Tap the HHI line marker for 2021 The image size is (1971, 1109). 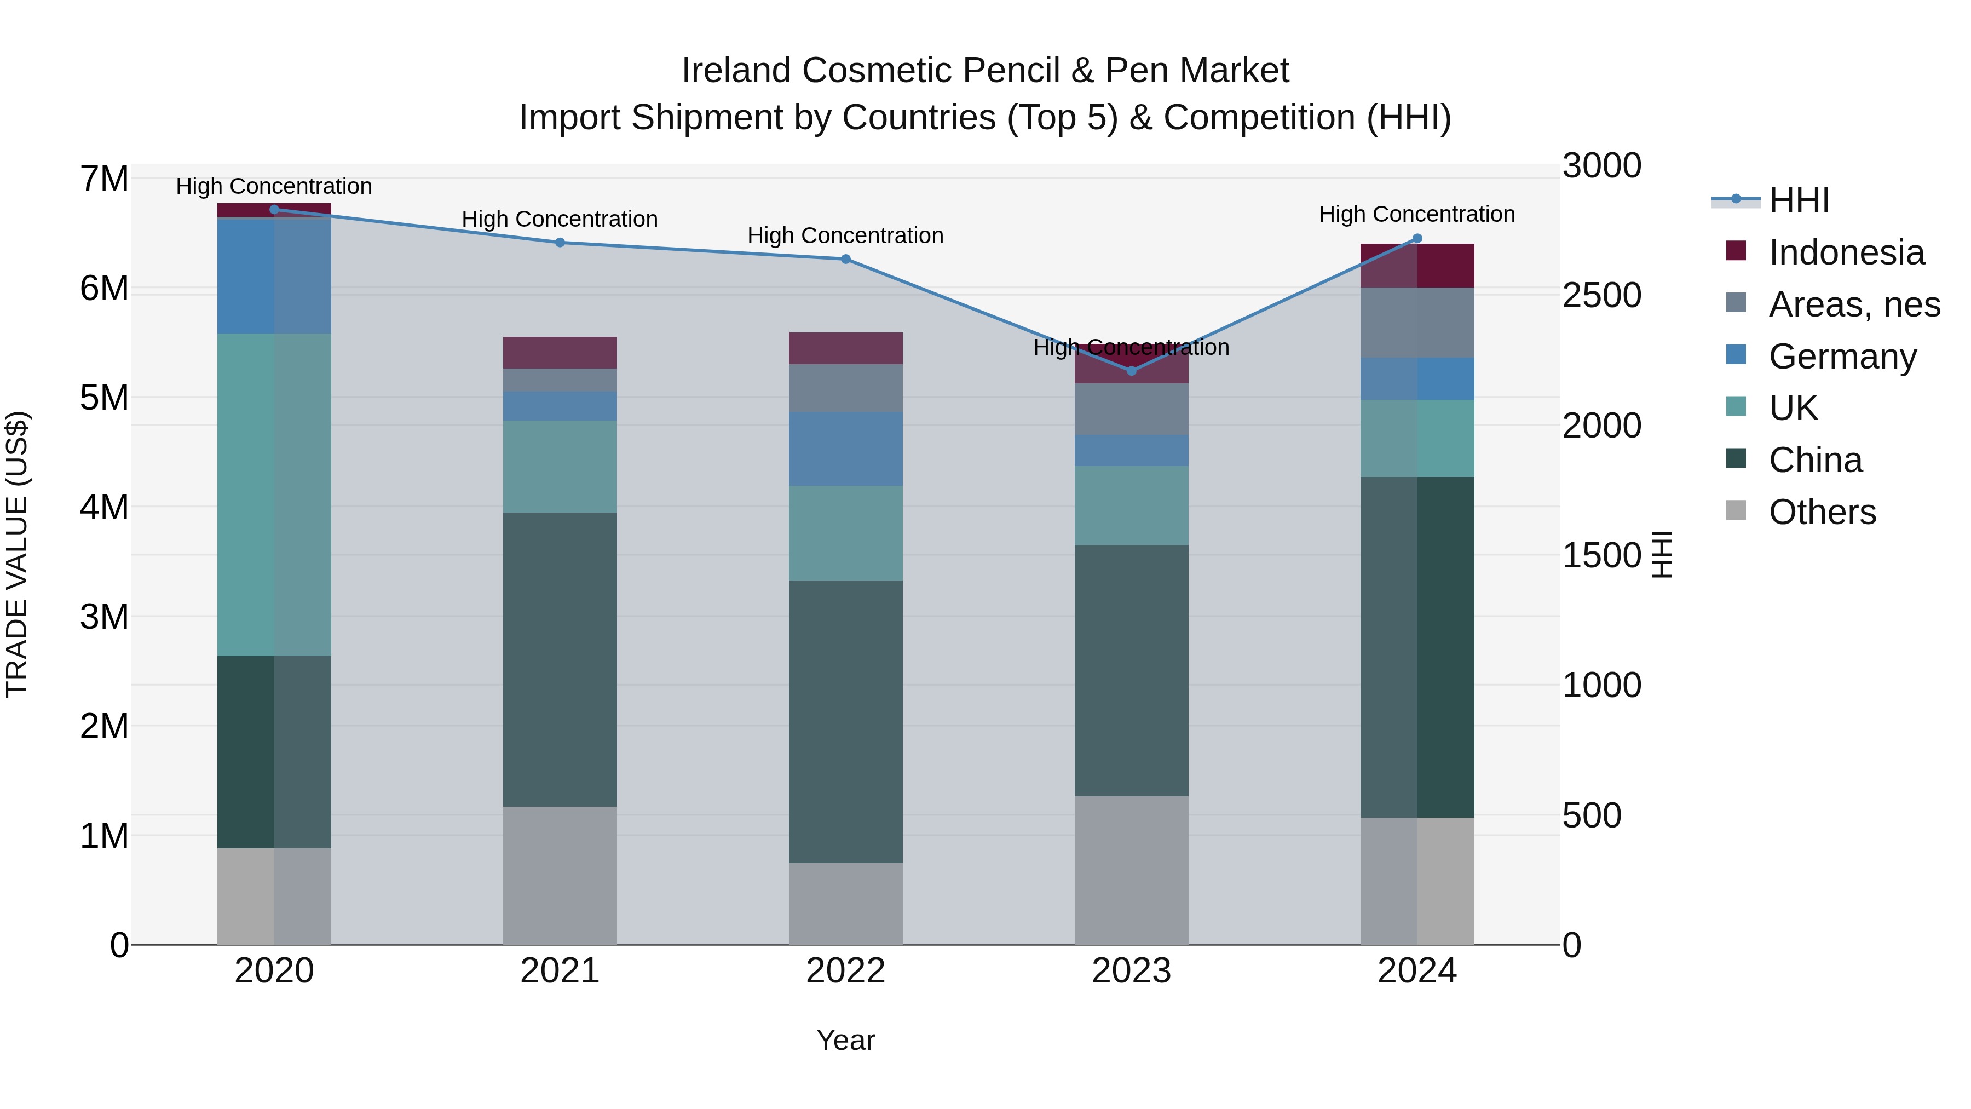(560, 243)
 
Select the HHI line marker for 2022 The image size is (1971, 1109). (845, 260)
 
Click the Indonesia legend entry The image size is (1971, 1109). (1846, 252)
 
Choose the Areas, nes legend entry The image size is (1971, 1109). (1853, 304)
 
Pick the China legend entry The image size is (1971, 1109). (1815, 460)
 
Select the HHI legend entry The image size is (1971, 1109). (1798, 200)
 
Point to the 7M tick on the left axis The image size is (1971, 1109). (104, 179)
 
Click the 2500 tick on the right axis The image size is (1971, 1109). (1601, 295)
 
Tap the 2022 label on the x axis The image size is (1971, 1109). (845, 971)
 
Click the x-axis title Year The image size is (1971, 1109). (845, 1040)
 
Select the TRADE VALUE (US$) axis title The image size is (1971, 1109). (18, 554)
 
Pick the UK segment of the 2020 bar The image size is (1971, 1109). (274, 495)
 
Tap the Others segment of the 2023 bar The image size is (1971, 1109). (1132, 870)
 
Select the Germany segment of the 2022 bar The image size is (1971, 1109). (845, 449)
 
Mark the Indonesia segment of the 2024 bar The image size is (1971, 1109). (1417, 266)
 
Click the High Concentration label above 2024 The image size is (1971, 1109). (1416, 214)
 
